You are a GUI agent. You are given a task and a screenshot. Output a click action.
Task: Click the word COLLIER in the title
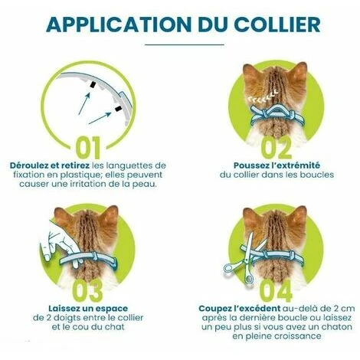(277, 25)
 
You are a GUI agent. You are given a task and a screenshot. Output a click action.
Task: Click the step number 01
(88, 148)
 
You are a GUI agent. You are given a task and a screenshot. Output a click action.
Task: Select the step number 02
(277, 148)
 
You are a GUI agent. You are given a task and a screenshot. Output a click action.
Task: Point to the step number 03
(87, 291)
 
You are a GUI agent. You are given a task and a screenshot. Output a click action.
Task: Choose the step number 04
(276, 291)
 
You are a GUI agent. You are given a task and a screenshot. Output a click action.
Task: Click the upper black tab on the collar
(93, 85)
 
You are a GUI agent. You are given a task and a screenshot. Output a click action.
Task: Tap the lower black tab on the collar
(118, 109)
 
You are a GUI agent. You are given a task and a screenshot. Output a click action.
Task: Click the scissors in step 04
(243, 259)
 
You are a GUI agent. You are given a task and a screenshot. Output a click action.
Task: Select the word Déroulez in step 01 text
(30, 165)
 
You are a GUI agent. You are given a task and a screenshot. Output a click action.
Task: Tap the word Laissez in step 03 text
(64, 309)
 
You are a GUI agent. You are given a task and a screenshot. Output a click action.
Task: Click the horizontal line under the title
(185, 44)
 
